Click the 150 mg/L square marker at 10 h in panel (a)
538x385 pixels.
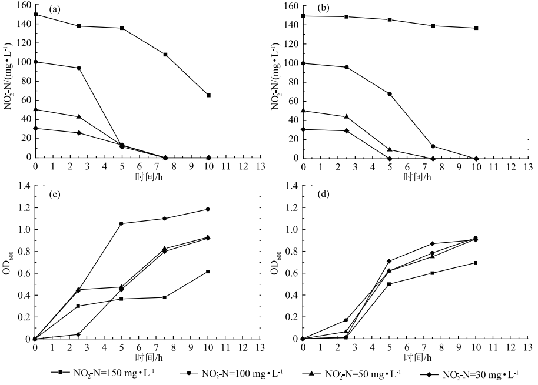[x=208, y=95]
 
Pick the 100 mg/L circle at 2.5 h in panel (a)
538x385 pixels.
[x=79, y=68]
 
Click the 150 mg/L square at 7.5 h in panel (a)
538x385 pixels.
[x=165, y=55]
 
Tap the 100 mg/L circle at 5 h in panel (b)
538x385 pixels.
[x=390, y=94]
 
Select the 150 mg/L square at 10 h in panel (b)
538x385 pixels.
[x=476, y=28]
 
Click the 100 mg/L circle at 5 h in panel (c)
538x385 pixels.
[x=122, y=223]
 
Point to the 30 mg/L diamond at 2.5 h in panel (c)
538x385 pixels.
[x=78, y=334]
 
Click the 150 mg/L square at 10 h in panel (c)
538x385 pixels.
[x=208, y=272]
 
